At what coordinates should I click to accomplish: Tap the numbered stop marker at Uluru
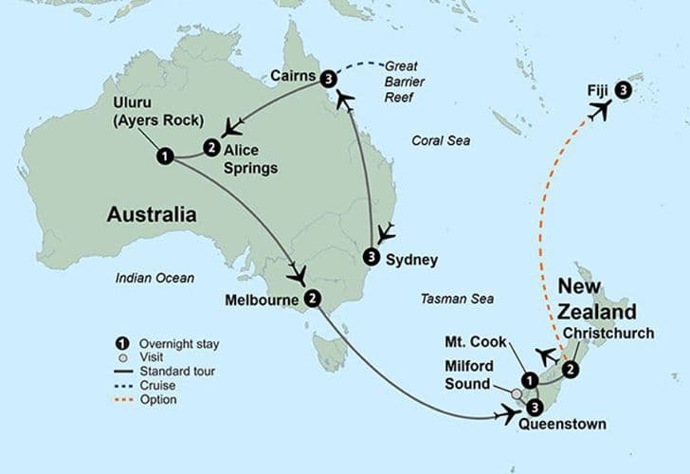pyautogui.click(x=165, y=155)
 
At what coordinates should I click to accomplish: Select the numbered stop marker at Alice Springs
pyautogui.click(x=210, y=147)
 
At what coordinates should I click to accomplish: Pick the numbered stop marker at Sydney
pyautogui.click(x=372, y=257)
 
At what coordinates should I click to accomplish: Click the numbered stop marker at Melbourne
pyautogui.click(x=313, y=299)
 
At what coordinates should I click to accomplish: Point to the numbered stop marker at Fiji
pyautogui.click(x=622, y=90)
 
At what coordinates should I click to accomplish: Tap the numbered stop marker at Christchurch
pyautogui.click(x=571, y=369)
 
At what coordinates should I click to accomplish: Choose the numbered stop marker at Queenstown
pyautogui.click(x=535, y=407)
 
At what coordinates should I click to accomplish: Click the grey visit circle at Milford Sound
pyautogui.click(x=517, y=393)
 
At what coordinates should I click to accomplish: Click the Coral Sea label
pyautogui.click(x=440, y=140)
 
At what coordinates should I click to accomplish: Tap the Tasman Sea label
pyautogui.click(x=458, y=300)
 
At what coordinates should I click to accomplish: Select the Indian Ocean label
pyautogui.click(x=154, y=278)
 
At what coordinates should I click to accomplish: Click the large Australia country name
pyautogui.click(x=152, y=215)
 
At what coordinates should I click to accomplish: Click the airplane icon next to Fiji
pyautogui.click(x=599, y=111)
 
